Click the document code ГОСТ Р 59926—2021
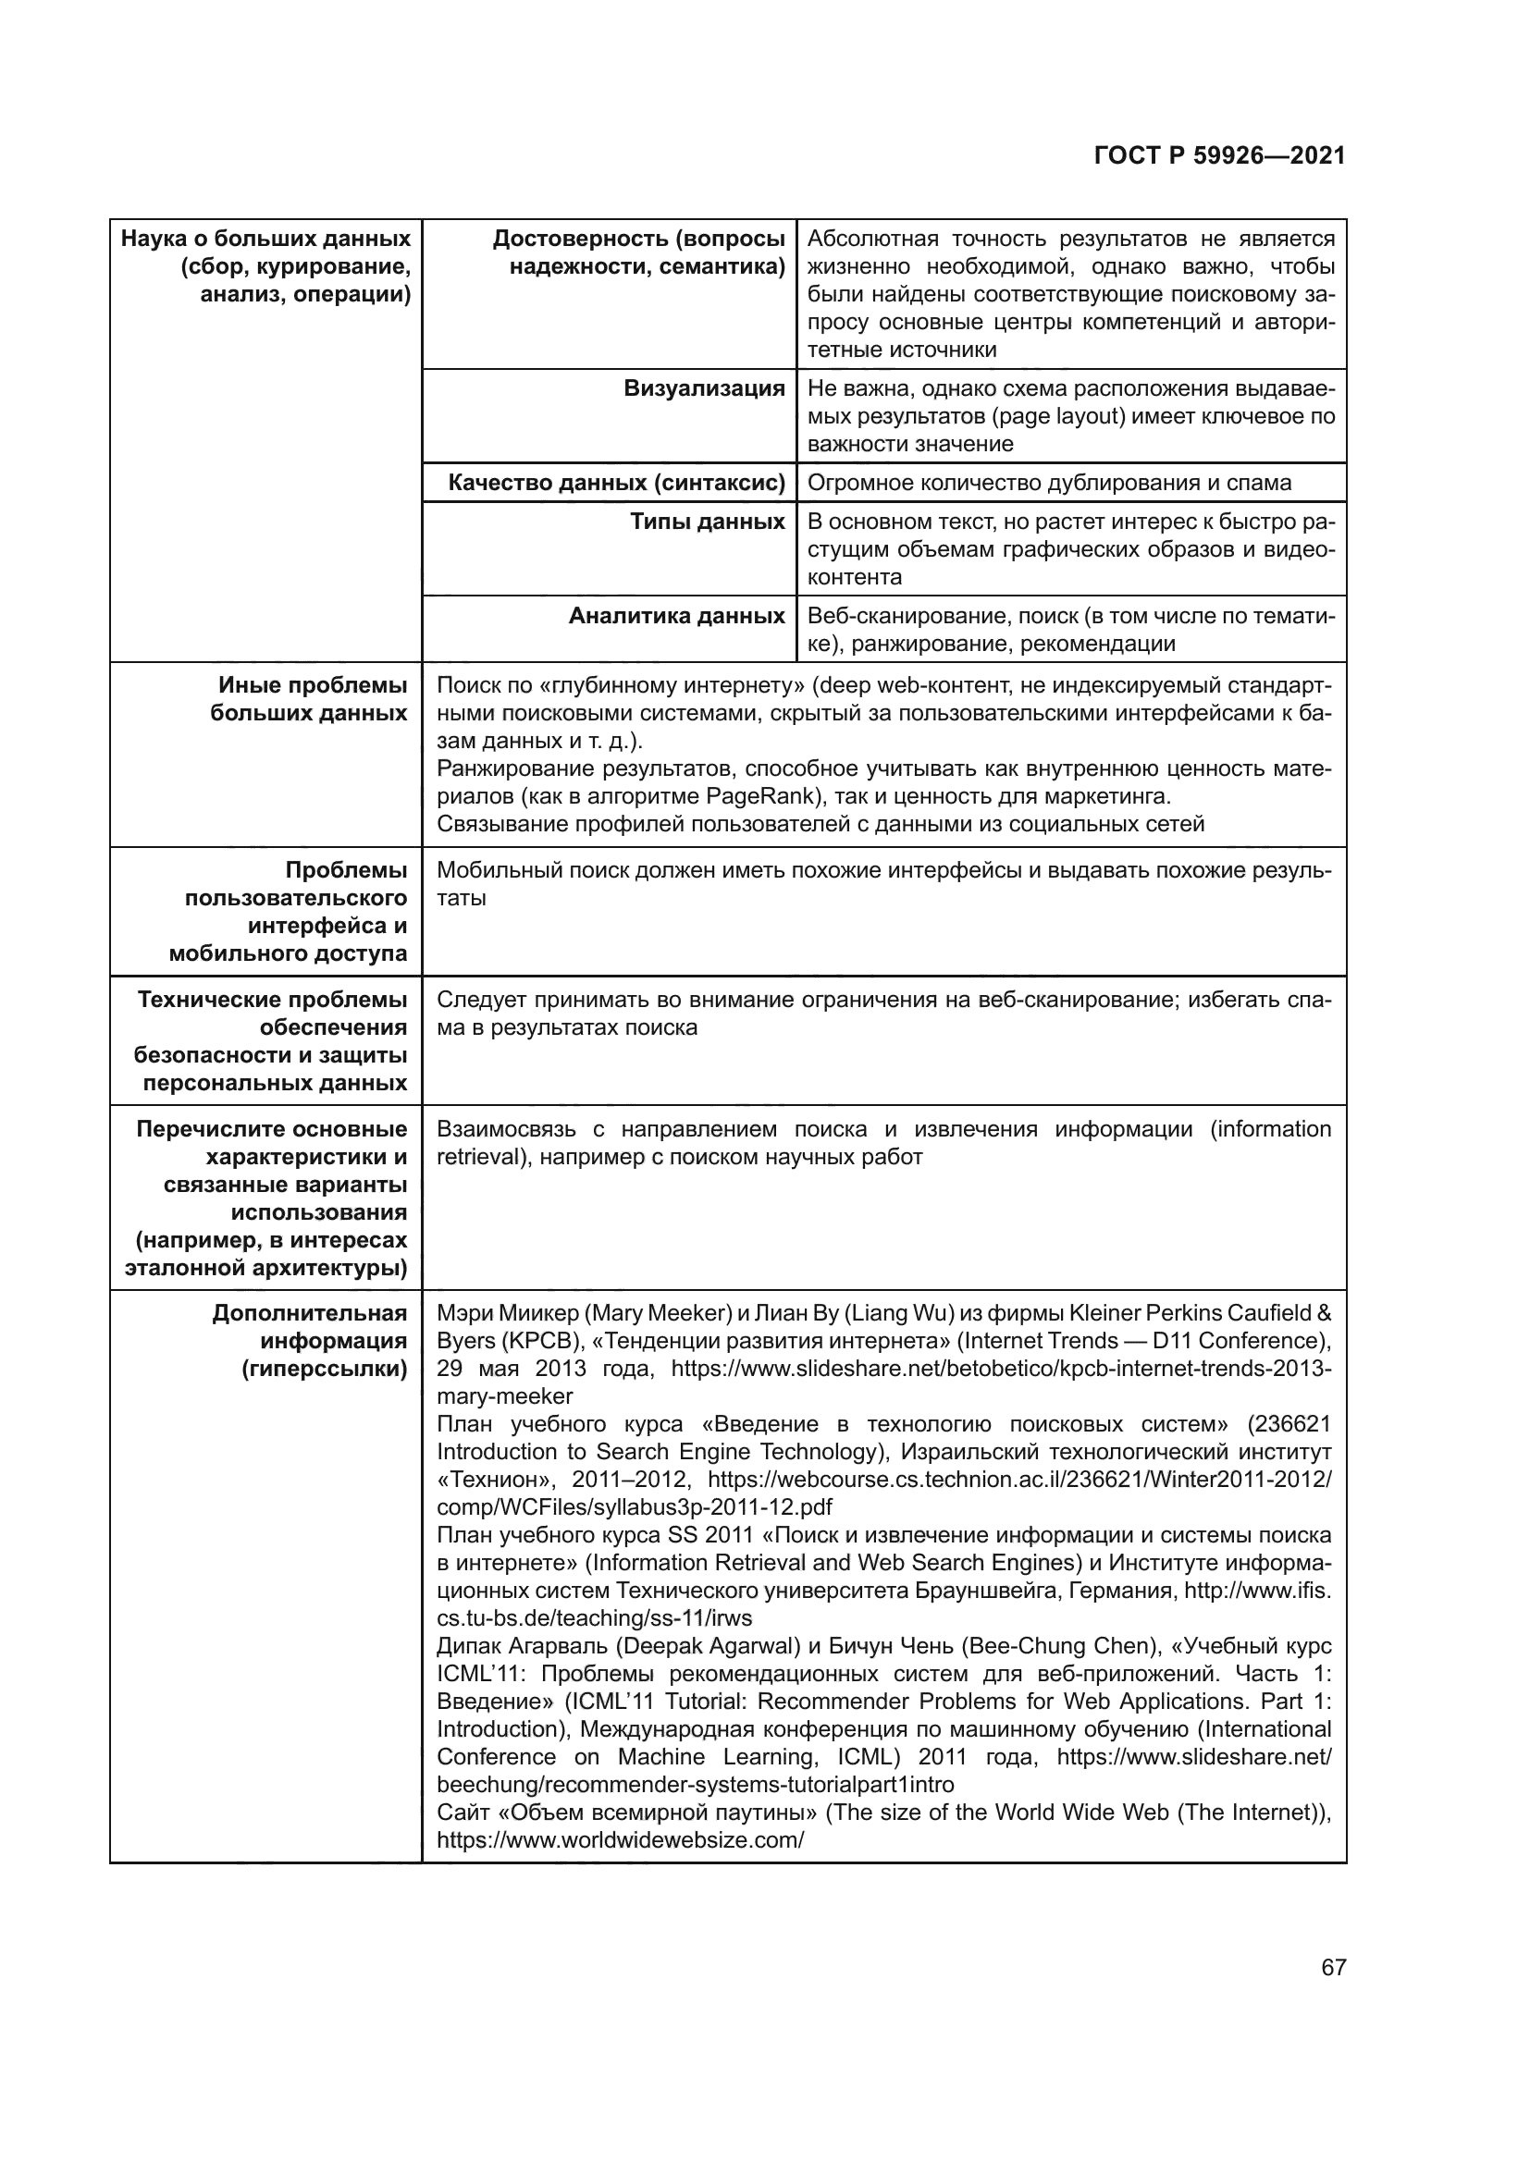[x=1219, y=156]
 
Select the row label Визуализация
[x=704, y=389]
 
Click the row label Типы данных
[x=707, y=522]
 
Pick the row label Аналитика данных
[x=676, y=616]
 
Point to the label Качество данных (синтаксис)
[x=616, y=484]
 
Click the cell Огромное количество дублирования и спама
[x=1050, y=484]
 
